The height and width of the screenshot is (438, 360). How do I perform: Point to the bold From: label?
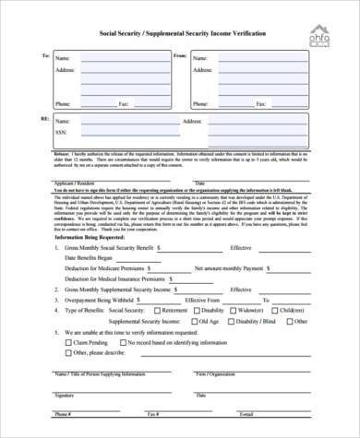click(x=180, y=56)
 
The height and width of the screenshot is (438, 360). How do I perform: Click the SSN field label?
click(x=62, y=132)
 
